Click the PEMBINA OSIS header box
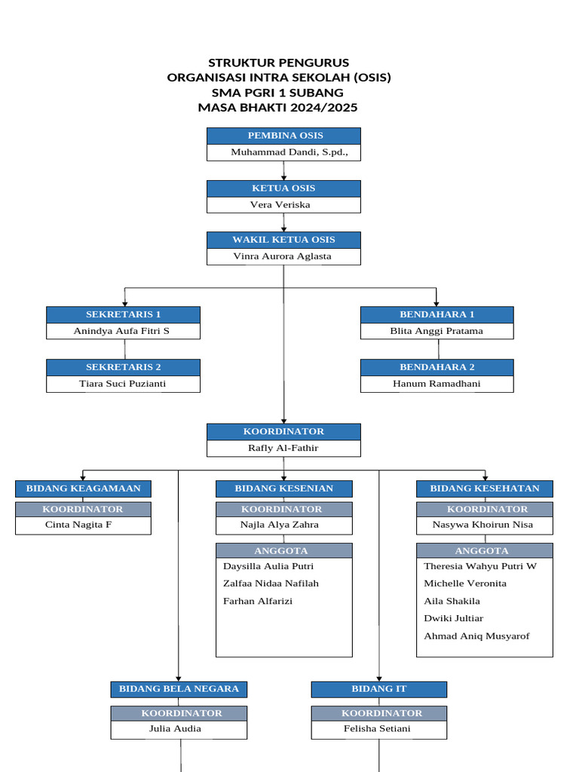click(x=283, y=136)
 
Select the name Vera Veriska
click(x=280, y=205)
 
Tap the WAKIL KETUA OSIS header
click(x=283, y=240)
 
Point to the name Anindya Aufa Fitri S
click(x=121, y=331)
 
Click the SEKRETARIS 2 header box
click(x=123, y=367)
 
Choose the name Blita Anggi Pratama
click(x=437, y=331)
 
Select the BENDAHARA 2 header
click(x=437, y=367)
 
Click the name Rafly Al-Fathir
click(x=283, y=448)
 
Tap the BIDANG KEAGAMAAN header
click(x=83, y=489)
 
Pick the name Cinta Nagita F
click(x=78, y=525)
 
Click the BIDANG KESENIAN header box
click(x=284, y=489)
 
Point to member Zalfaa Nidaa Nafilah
click(x=271, y=584)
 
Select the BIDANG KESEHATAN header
click(x=485, y=489)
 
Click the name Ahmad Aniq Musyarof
click(x=476, y=636)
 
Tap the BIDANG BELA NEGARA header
click(x=179, y=689)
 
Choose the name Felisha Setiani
click(x=377, y=729)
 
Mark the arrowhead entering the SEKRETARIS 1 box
click(x=124, y=304)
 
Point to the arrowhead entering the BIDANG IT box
click(x=379, y=679)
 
